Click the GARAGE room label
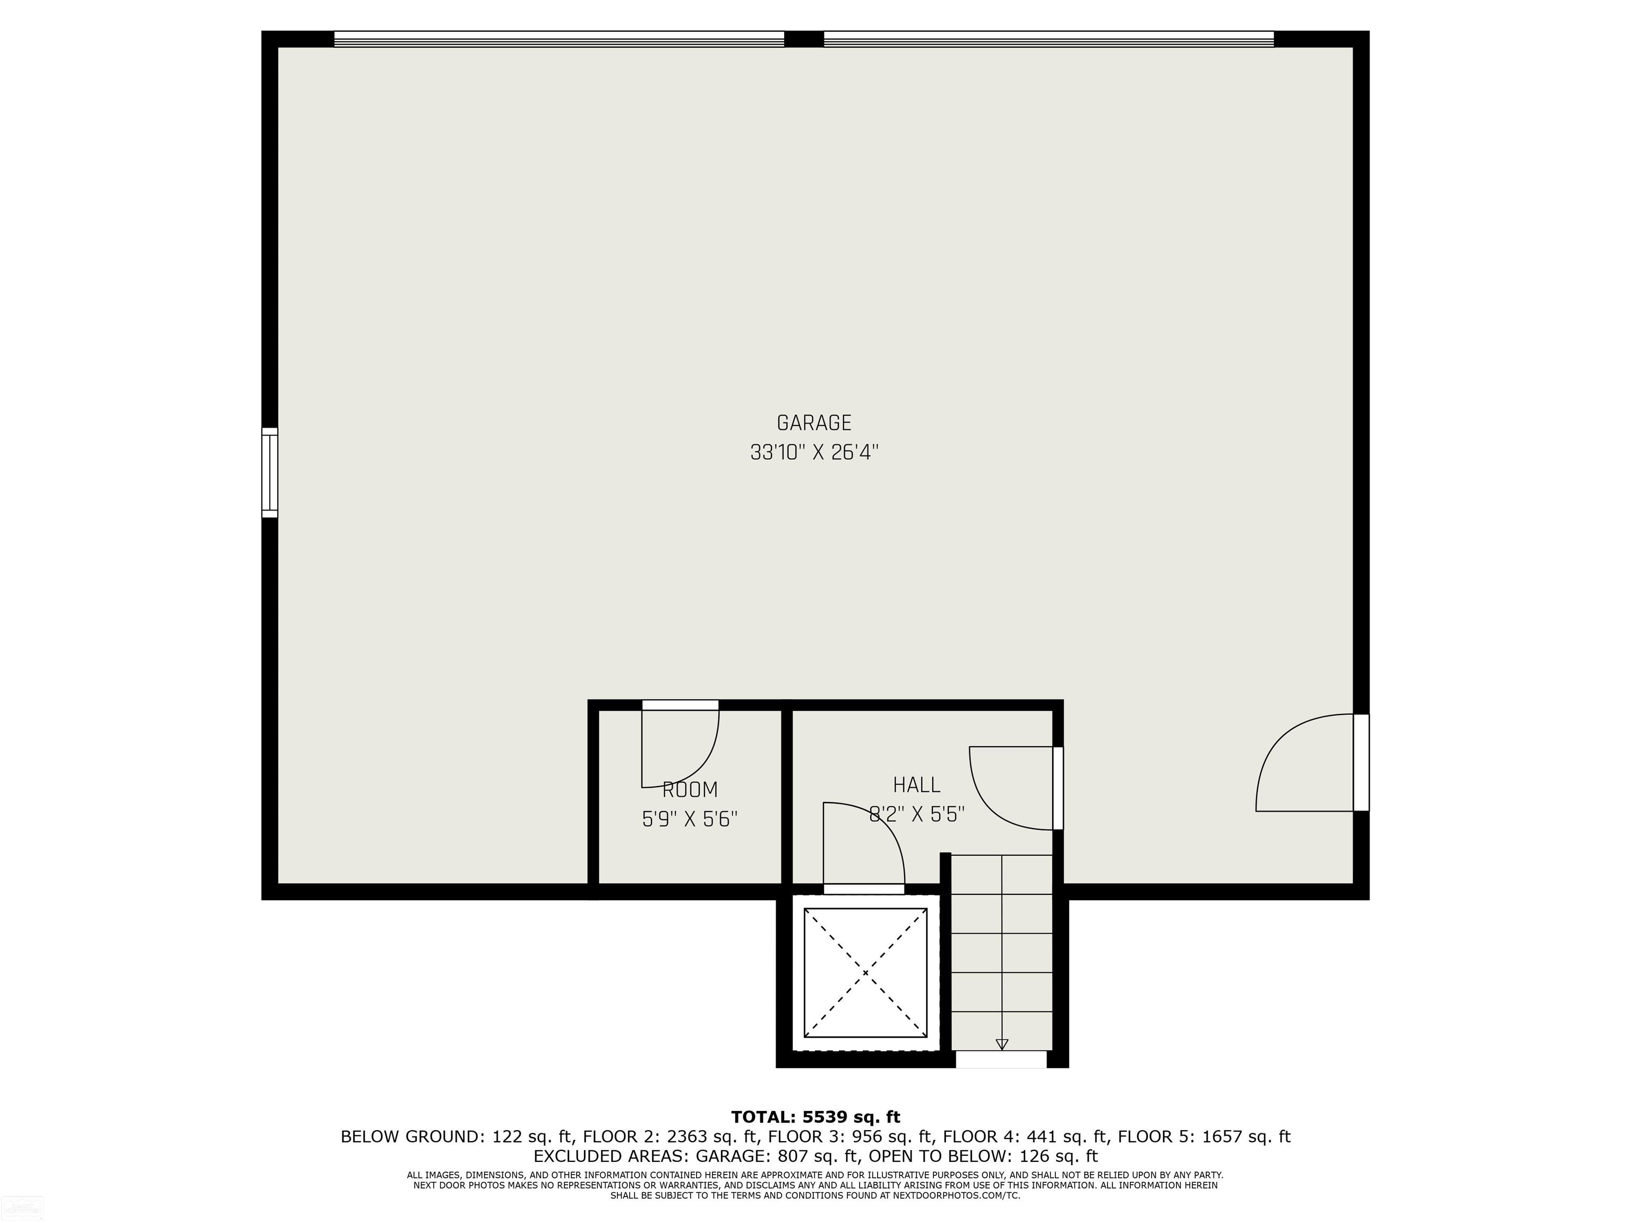[814, 423]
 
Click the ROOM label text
[690, 789]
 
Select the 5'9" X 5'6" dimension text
[690, 819]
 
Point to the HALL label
[916, 785]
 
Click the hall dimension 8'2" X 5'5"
[916, 814]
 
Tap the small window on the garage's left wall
[270, 472]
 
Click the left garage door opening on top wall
[559, 39]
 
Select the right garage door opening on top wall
[1049, 39]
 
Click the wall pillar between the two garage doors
[804, 39]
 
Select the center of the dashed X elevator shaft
[865, 973]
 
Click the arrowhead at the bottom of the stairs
[1001, 1044]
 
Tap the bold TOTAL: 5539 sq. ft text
[815, 1117]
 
